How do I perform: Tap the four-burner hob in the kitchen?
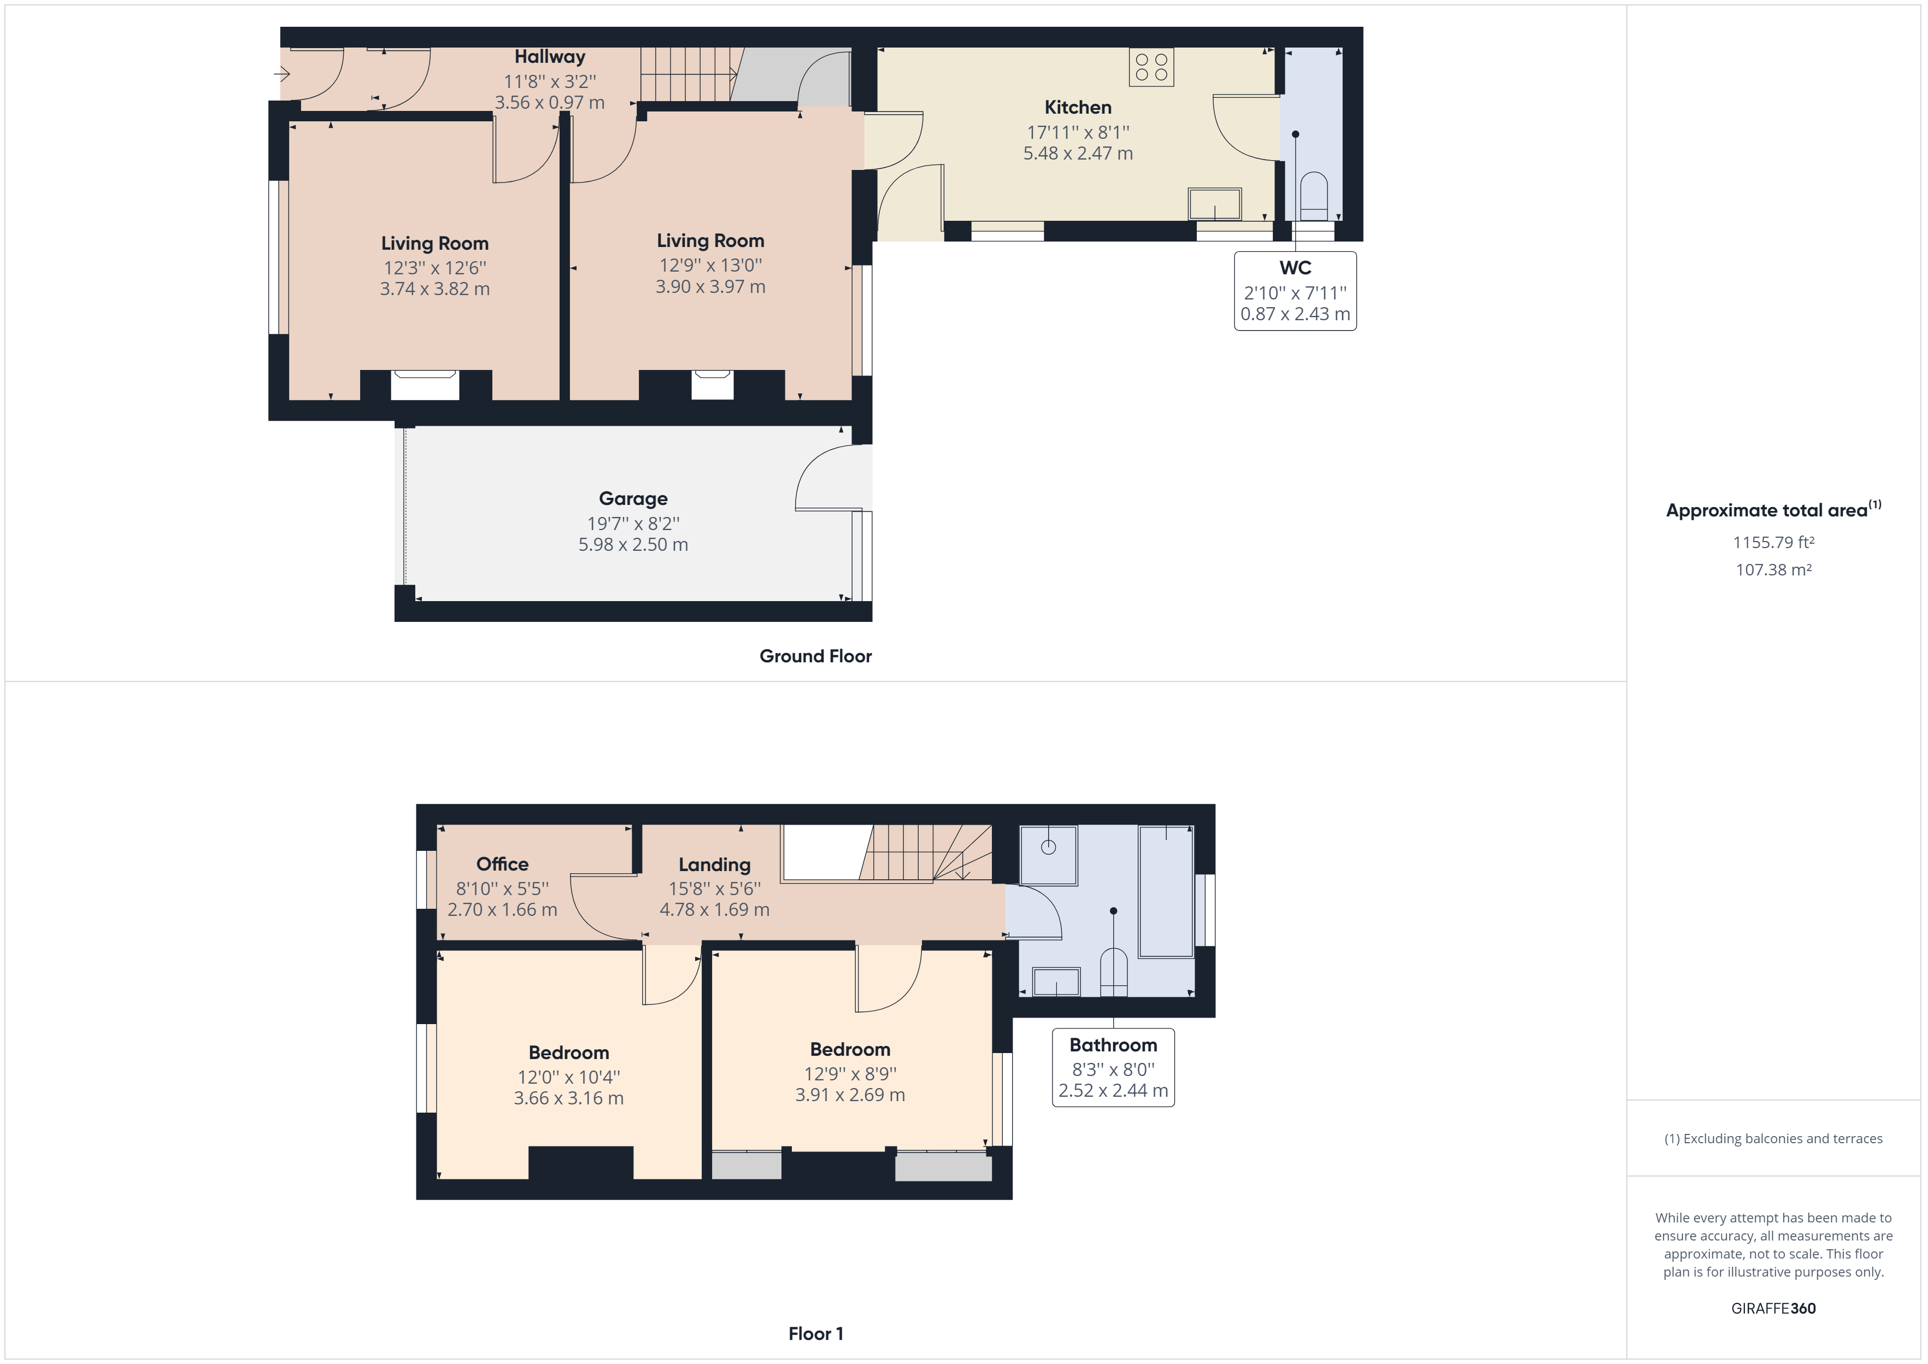[x=1151, y=67]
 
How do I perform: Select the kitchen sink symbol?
[x=1214, y=204]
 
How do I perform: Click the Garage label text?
[x=633, y=499]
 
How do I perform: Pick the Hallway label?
[x=549, y=57]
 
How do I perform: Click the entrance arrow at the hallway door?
[x=282, y=74]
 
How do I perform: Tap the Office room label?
[x=502, y=865]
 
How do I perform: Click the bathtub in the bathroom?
[x=1166, y=891]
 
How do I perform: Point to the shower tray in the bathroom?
[x=1048, y=855]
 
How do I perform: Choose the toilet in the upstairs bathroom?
[x=1114, y=973]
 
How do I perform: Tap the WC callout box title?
[x=1295, y=268]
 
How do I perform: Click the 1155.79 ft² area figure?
[x=1773, y=543]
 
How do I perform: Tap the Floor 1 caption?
[x=815, y=1334]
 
